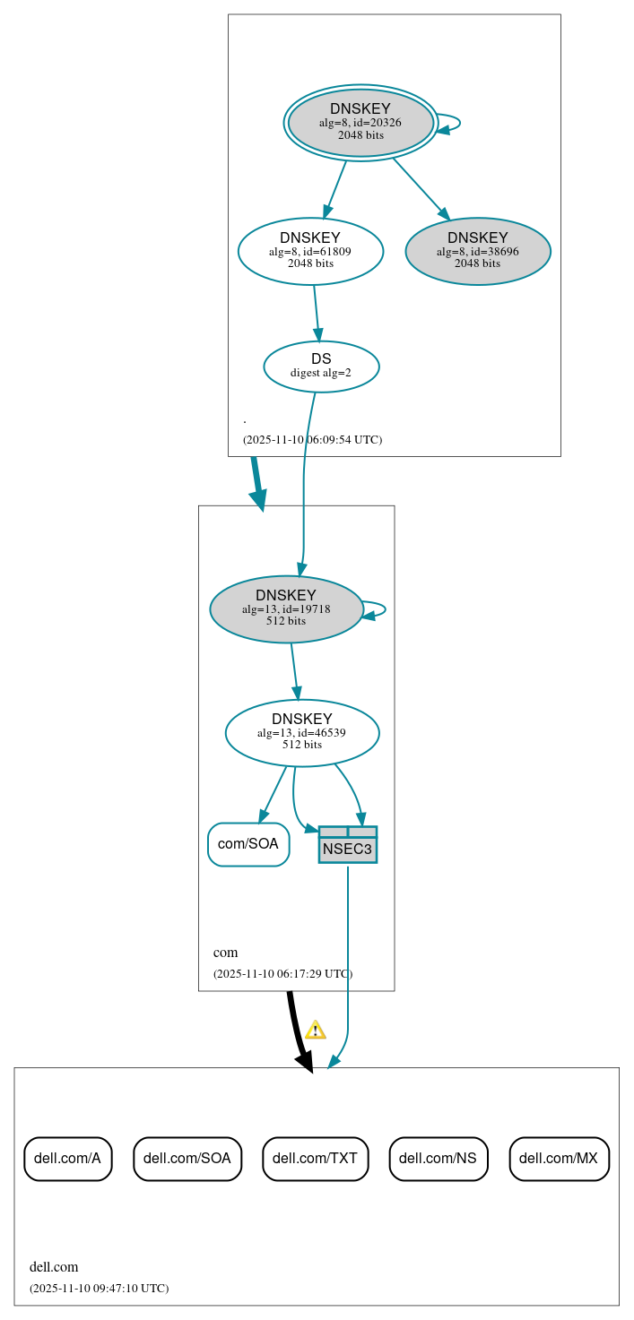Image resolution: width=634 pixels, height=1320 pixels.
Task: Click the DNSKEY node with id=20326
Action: [x=360, y=123]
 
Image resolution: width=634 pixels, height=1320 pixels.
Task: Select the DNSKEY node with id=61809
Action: [x=310, y=251]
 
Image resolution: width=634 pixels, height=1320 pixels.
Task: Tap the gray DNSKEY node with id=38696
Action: [x=478, y=251]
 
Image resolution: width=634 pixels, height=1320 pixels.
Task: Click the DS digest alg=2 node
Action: [x=321, y=366]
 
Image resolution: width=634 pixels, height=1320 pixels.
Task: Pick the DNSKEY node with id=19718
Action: [x=286, y=608]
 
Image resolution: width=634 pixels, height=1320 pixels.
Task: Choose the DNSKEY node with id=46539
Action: [x=302, y=732]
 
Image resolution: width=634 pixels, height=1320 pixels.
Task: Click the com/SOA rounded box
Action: [x=248, y=844]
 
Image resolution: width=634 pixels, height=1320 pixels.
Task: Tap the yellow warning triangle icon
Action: [x=315, y=1030]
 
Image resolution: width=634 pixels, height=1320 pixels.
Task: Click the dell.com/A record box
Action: [x=68, y=1159]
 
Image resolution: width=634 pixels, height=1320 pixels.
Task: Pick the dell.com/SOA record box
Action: [x=187, y=1159]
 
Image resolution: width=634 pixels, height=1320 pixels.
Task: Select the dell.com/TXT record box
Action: [x=315, y=1159]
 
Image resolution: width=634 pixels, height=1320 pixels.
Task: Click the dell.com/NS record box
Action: [x=438, y=1159]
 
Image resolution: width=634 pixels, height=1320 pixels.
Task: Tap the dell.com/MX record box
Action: [x=559, y=1159]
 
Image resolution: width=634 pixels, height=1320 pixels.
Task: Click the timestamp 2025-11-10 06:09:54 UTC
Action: [x=312, y=440]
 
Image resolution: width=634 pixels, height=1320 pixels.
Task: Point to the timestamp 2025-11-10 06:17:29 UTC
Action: [x=282, y=974]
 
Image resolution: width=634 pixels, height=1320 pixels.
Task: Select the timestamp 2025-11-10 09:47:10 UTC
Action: [x=99, y=1289]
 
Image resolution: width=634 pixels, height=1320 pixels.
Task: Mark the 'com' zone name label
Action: [x=225, y=953]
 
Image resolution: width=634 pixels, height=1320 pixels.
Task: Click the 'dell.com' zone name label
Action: [x=54, y=1267]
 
